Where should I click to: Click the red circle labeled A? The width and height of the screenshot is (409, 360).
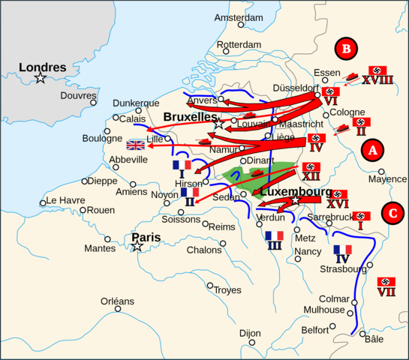coord(371,151)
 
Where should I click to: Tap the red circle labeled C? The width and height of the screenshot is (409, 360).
coord(391,213)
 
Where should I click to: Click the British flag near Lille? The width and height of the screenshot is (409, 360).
coord(137,145)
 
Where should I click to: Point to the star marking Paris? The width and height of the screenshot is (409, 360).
coord(137,246)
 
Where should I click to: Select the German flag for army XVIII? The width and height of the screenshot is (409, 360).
coord(377,70)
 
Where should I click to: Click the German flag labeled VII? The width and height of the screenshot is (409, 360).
coord(386,281)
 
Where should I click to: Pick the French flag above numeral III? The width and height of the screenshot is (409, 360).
coord(275,236)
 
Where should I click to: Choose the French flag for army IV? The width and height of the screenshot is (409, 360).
coord(342,250)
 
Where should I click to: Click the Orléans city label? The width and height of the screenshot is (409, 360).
coord(117,301)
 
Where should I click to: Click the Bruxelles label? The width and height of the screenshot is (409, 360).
coord(189,118)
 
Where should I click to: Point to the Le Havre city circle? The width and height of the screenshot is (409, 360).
coord(43,201)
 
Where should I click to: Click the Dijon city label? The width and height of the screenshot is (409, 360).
coord(249,333)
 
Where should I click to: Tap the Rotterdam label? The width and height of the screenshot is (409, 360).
coord(239,45)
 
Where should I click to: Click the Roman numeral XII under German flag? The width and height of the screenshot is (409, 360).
coord(311,176)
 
